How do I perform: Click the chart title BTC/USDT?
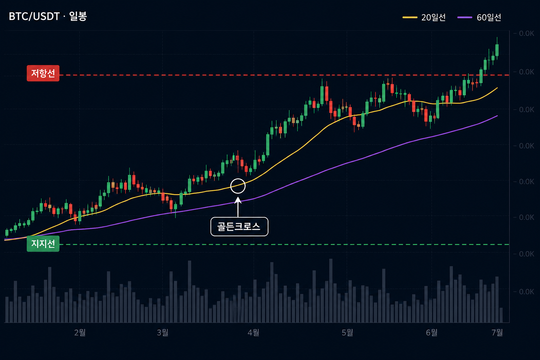pyautogui.click(x=34, y=17)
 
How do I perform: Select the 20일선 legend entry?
pyautogui.click(x=424, y=17)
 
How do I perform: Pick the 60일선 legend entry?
pyautogui.click(x=479, y=17)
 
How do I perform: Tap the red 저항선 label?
pyautogui.click(x=43, y=73)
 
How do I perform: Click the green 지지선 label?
pyautogui.click(x=43, y=244)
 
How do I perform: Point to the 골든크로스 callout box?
pyautogui.click(x=239, y=226)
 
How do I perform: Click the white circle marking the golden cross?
pyautogui.click(x=238, y=179)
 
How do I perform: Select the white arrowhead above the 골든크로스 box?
pyautogui.click(x=238, y=200)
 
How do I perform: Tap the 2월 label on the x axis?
pyautogui.click(x=80, y=333)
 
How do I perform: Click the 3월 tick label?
pyautogui.click(x=162, y=333)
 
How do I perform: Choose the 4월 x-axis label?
pyautogui.click(x=253, y=333)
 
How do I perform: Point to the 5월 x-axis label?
pyautogui.click(x=347, y=333)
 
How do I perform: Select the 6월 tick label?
pyautogui.click(x=431, y=333)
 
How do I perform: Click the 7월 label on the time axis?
pyautogui.click(x=497, y=333)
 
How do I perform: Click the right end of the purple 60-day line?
pyautogui.click(x=497, y=116)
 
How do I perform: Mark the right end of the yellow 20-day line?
pyautogui.click(x=497, y=88)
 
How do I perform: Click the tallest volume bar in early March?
pyautogui.click(x=189, y=291)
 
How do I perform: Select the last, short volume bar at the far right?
pyautogui.click(x=501, y=315)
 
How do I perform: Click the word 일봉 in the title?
pyautogui.click(x=78, y=17)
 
